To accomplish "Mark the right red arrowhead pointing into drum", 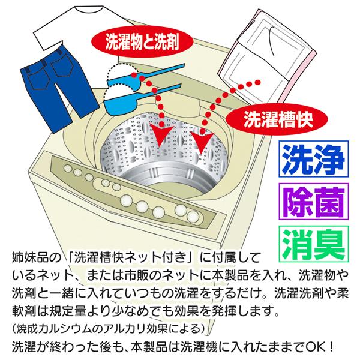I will click(x=202, y=140).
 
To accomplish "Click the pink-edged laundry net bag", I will click(x=273, y=57).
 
